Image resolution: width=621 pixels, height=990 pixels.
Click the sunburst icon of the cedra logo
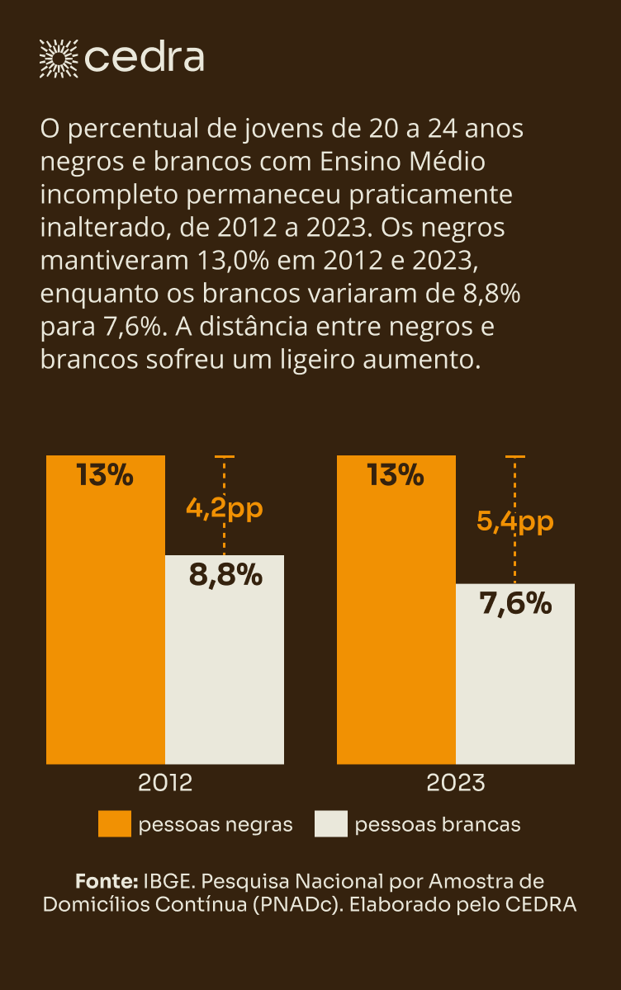[x=58, y=57]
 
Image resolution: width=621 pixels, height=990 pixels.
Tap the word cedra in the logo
[x=145, y=57]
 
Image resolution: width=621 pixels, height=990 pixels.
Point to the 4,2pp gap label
[x=225, y=508]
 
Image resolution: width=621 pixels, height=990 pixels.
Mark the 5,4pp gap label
[x=515, y=521]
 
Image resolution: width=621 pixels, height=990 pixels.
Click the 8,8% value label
[x=225, y=575]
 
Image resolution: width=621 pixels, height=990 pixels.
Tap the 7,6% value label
[x=515, y=604]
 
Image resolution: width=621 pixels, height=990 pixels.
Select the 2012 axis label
[x=165, y=782]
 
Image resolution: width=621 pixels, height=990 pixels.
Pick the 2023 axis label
[x=456, y=782]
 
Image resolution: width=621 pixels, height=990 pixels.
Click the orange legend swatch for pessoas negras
[x=115, y=824]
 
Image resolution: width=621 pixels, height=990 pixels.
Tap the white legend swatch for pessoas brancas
[x=331, y=824]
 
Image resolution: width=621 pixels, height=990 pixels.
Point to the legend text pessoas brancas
[x=438, y=824]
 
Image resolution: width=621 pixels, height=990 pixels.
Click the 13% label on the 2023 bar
[x=396, y=476]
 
